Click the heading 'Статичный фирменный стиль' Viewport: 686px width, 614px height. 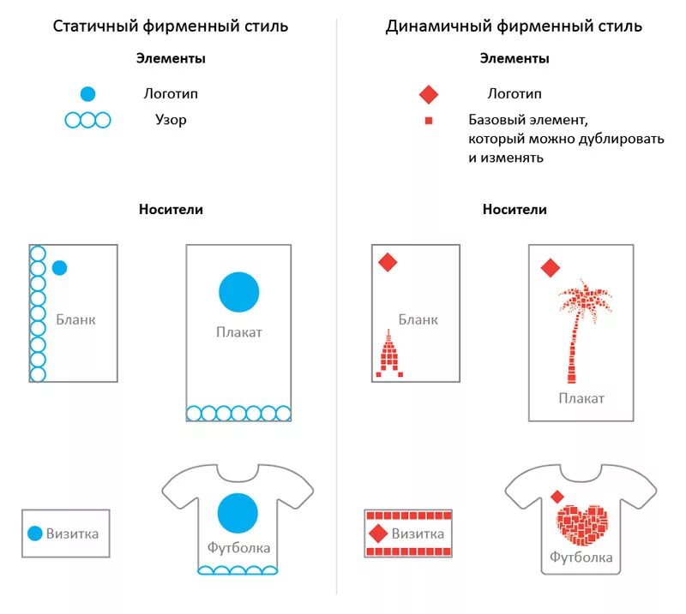coord(171,26)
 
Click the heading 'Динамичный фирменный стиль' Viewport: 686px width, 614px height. coord(514,26)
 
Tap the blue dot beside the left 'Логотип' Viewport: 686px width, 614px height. coord(87,94)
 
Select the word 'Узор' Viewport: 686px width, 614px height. coord(171,120)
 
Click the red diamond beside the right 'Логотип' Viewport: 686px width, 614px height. coord(429,94)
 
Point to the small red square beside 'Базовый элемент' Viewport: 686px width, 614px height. coord(429,121)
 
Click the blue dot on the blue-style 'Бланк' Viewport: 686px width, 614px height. coord(59,268)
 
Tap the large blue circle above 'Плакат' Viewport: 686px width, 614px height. coord(238,291)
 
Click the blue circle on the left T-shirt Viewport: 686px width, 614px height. coord(238,514)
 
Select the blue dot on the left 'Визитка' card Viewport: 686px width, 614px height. coord(34,534)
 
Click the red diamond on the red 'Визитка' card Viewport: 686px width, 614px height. coord(378,534)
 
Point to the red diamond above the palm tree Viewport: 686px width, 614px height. coord(551,268)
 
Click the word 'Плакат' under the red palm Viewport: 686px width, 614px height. coord(581,398)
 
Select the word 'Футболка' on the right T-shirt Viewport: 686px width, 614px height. coord(581,557)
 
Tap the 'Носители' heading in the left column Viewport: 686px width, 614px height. coord(171,209)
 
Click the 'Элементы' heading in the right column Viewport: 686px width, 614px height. coord(514,59)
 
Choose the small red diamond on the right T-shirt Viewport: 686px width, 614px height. coord(557,497)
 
